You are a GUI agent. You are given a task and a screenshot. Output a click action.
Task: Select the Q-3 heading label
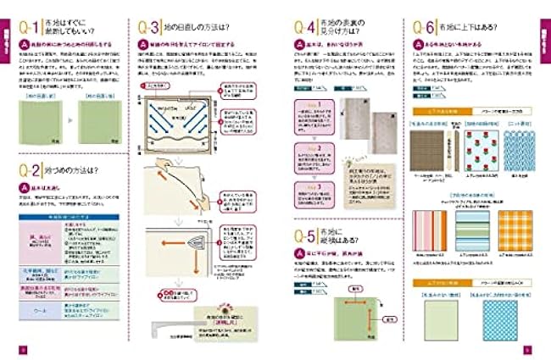point(152,27)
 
